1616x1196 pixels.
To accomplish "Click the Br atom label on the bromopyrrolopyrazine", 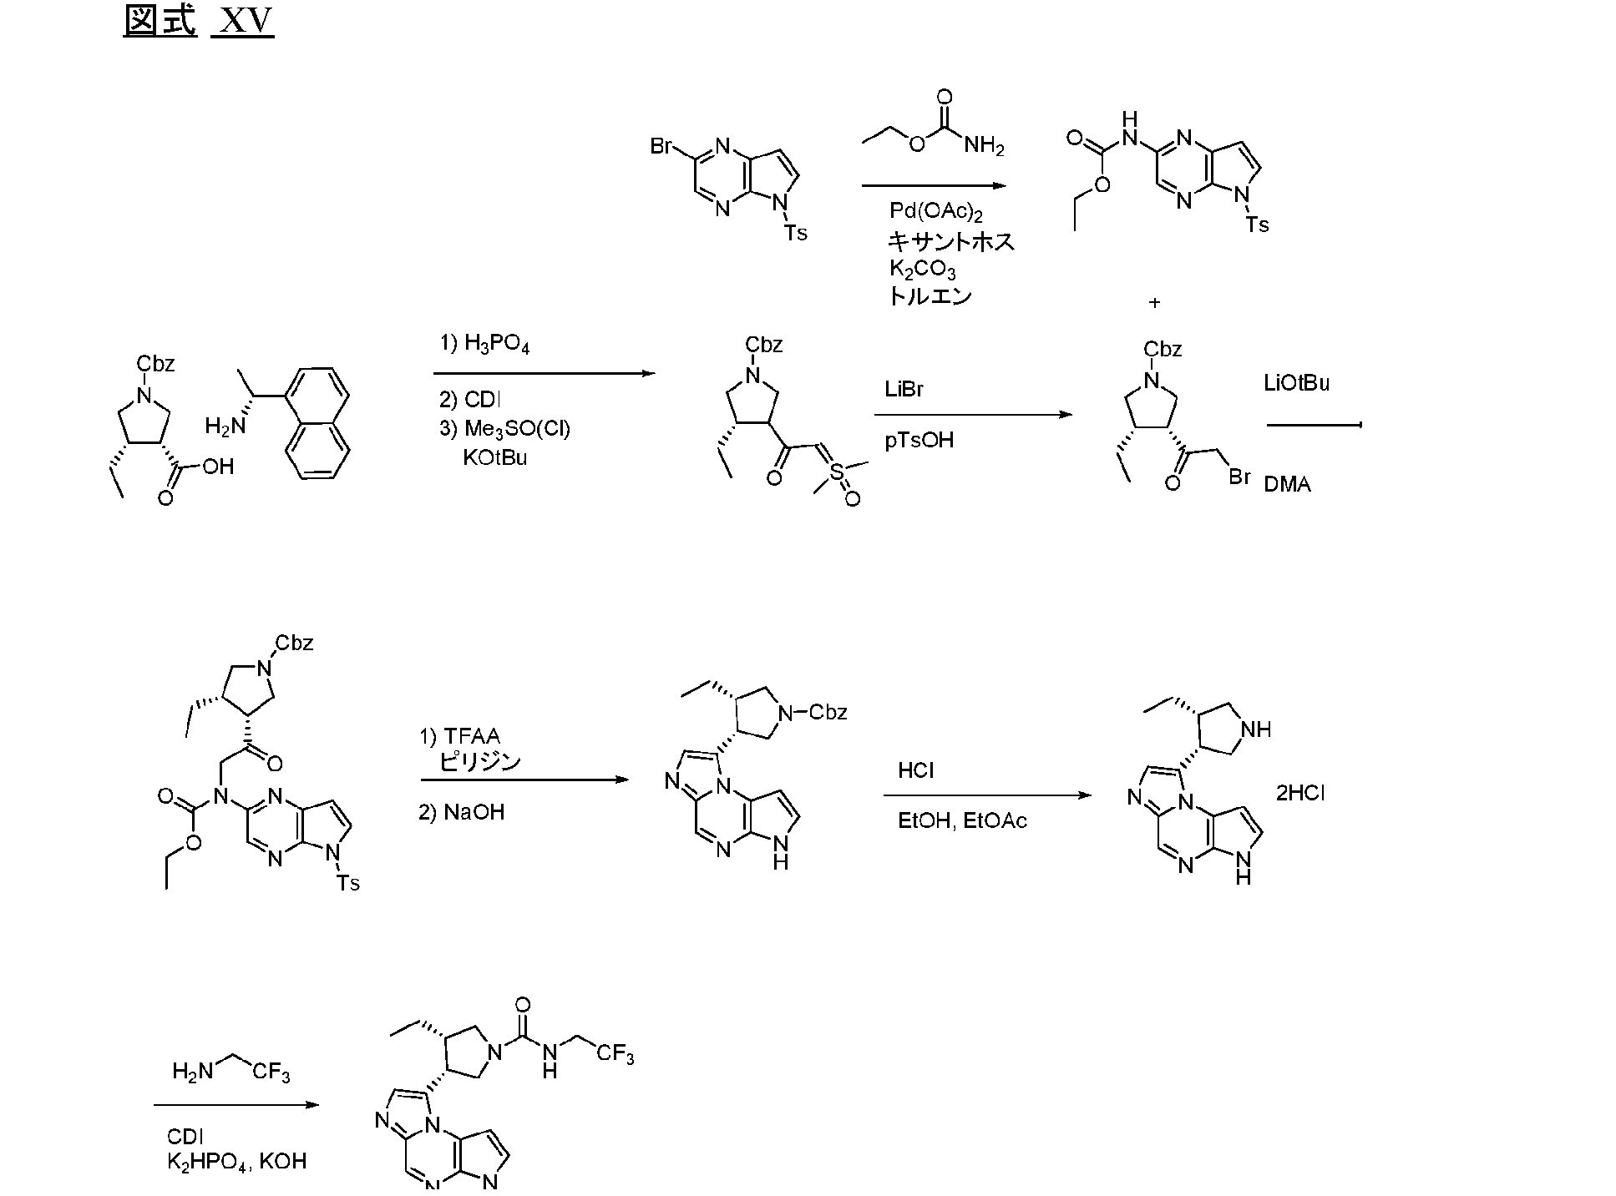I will tap(662, 147).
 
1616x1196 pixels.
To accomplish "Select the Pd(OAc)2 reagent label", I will tap(935, 211).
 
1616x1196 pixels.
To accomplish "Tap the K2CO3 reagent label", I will tap(922, 269).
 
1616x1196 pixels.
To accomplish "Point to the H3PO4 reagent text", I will tap(484, 343).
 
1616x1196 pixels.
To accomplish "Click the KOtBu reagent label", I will tap(495, 458).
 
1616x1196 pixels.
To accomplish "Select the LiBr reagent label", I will tap(904, 390).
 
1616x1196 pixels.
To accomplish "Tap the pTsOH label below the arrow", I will tap(919, 440).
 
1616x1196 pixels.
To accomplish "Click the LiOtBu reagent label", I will tap(1296, 383).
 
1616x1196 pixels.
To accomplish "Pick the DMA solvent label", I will tap(1287, 484).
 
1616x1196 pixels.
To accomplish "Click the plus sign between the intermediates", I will tap(1154, 302).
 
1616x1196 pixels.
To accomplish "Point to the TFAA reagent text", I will tap(460, 736).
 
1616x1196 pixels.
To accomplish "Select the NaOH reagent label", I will tap(462, 812).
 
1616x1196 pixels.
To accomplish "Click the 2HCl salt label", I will tap(1299, 793).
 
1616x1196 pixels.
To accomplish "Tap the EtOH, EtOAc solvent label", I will tap(962, 820).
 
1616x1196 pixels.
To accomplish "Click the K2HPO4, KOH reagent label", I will tap(236, 1161).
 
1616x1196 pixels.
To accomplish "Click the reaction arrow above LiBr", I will tap(974, 415).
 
